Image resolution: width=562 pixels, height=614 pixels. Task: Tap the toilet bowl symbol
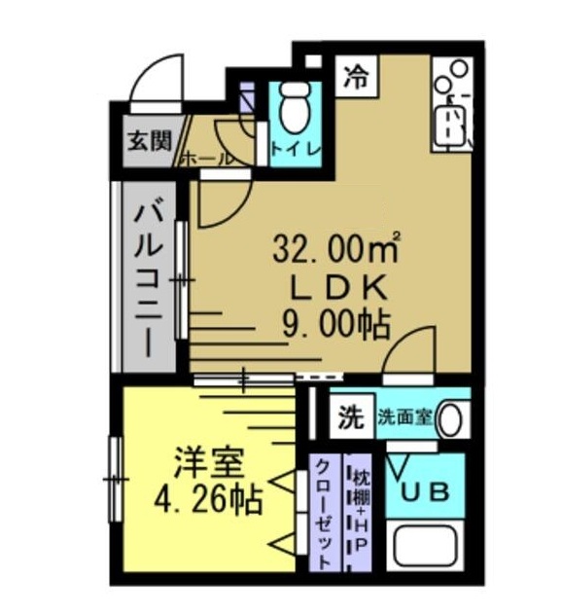(x=291, y=110)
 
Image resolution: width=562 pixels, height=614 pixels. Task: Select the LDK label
(x=336, y=286)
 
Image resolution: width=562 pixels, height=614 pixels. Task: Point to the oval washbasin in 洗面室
(x=451, y=419)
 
